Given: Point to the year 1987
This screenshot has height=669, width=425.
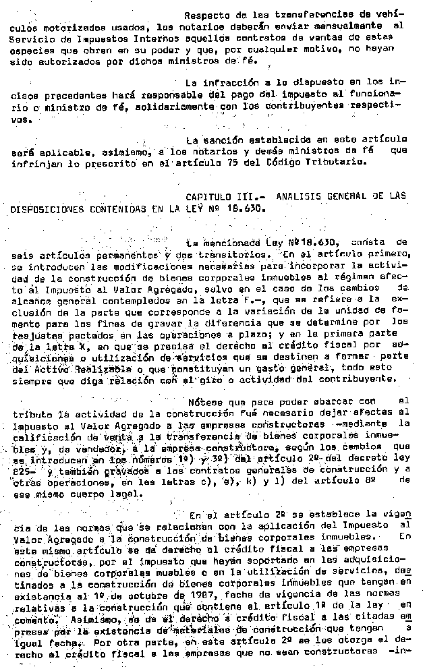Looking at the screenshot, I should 141,596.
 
